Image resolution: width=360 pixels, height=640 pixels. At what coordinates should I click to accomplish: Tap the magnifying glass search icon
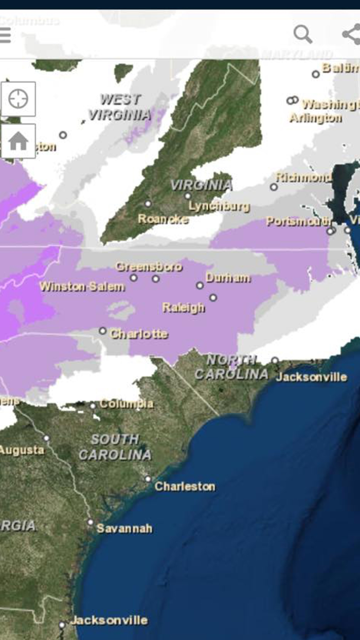tap(302, 34)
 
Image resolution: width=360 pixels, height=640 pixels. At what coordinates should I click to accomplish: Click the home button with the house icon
tap(18, 141)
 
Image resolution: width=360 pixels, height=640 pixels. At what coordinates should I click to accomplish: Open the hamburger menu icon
tap(5, 35)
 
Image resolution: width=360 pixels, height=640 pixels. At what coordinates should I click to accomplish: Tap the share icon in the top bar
tap(352, 34)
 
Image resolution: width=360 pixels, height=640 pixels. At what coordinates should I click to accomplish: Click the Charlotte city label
tap(138, 334)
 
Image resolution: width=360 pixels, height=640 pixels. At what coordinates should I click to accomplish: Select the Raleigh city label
tap(184, 308)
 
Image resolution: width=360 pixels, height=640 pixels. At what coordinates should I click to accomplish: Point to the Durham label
tap(228, 278)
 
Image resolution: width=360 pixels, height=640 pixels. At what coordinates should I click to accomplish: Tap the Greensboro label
tap(149, 266)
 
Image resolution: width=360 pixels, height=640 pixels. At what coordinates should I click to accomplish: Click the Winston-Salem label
tap(82, 287)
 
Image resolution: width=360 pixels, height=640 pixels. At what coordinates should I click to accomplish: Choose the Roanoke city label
tap(163, 219)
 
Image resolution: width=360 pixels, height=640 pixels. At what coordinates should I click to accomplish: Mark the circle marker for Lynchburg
tap(188, 196)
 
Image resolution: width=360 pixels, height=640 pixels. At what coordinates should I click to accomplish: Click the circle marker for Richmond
tap(274, 187)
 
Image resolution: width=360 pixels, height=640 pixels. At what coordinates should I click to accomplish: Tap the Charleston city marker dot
tap(148, 479)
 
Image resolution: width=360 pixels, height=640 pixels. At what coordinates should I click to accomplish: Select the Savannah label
tap(124, 528)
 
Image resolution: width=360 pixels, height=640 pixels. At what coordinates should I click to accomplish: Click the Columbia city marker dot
tap(93, 405)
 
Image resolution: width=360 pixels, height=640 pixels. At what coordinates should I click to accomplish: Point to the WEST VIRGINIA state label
tap(120, 107)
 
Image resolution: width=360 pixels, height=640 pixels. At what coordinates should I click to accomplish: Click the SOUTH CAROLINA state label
tap(115, 447)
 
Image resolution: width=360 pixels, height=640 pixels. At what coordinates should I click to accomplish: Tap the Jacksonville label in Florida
tap(109, 620)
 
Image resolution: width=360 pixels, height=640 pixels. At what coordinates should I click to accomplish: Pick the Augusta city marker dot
tap(47, 439)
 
